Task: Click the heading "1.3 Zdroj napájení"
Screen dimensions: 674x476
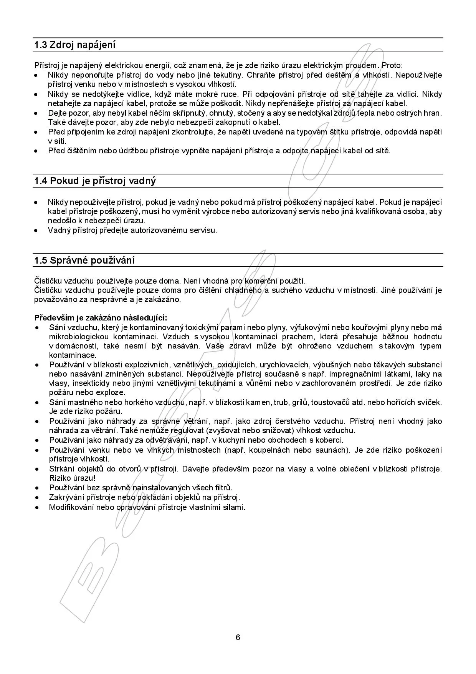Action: pyautogui.click(x=75, y=45)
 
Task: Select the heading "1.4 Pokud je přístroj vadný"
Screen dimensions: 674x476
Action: pyautogui.click(x=95, y=181)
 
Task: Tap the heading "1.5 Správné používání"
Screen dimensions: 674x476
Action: pyautogui.click(x=84, y=261)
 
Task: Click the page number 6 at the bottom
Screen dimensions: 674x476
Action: pyautogui.click(x=238, y=637)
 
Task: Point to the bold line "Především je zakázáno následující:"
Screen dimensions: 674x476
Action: pyautogui.click(x=101, y=318)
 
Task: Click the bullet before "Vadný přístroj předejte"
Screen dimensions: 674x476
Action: pyautogui.click(x=36, y=231)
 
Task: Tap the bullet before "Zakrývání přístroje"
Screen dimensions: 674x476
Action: pyautogui.click(x=37, y=498)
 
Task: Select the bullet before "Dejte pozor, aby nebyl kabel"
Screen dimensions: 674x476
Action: pyautogui.click(x=36, y=113)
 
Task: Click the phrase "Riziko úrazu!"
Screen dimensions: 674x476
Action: pyautogui.click(x=72, y=478)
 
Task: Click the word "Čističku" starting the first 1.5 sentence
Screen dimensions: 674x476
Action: pyautogui.click(x=48, y=281)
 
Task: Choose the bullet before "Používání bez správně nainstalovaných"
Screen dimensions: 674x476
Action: pyautogui.click(x=37, y=488)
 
